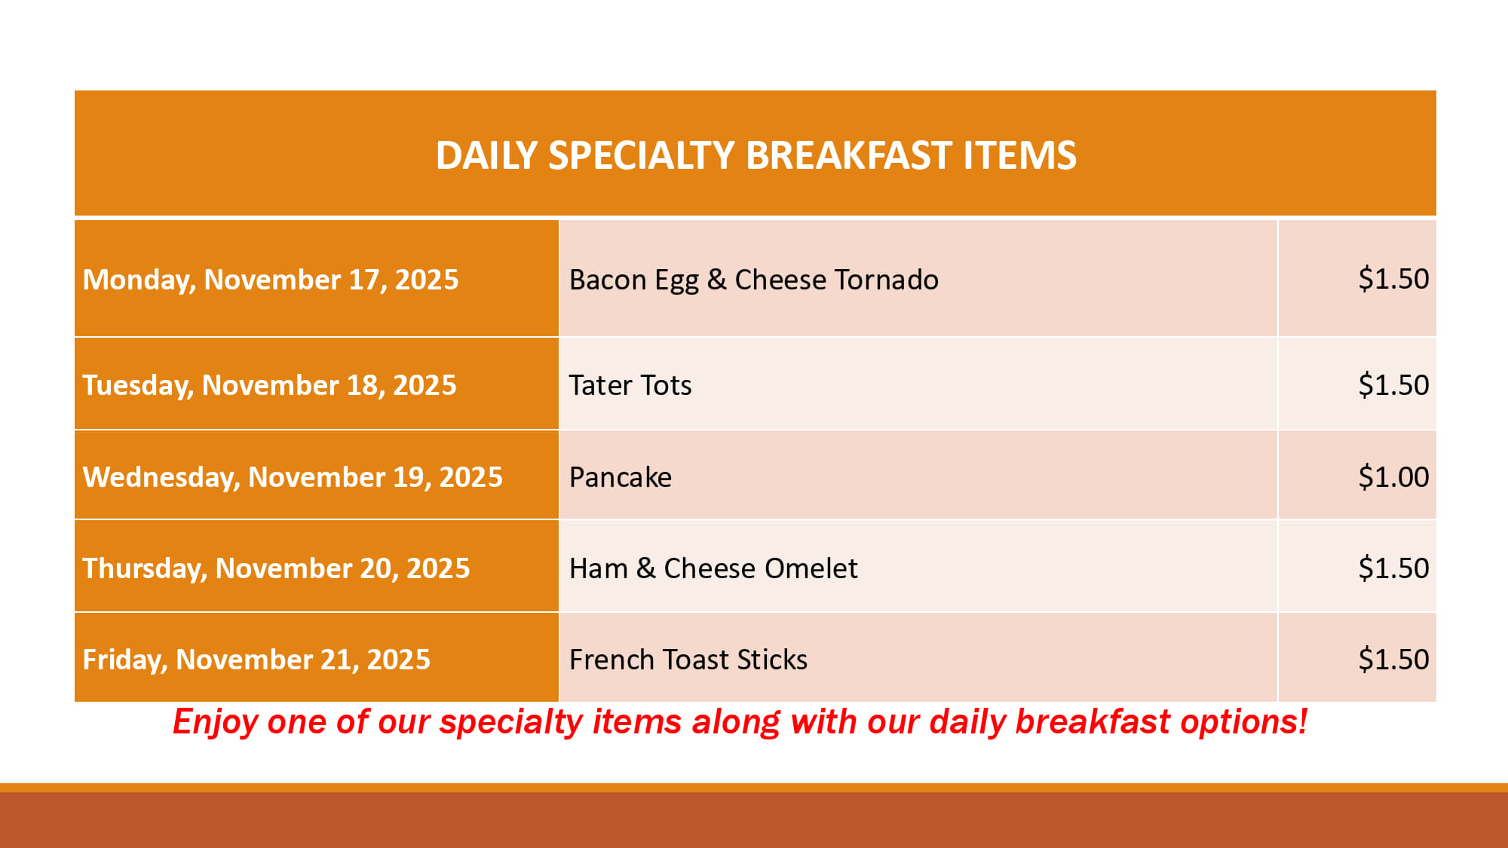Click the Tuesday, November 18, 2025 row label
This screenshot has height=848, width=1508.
(269, 385)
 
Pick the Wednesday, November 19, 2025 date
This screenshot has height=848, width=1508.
(293, 477)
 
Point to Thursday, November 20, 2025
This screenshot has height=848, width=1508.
(276, 568)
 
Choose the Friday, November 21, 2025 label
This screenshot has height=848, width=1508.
(256, 660)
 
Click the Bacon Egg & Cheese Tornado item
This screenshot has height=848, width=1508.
(754, 280)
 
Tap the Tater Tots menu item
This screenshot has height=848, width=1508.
(630, 385)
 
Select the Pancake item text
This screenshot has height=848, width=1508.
(621, 477)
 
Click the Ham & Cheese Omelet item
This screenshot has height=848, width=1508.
(713, 568)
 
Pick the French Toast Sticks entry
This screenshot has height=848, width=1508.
(688, 660)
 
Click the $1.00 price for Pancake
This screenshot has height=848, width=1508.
(1393, 477)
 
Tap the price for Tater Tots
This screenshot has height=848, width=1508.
(1393, 385)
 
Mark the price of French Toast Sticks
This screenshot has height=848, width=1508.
(1393, 660)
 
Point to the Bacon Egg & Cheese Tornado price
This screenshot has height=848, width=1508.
(1393, 279)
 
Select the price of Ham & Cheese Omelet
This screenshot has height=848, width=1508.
(1393, 568)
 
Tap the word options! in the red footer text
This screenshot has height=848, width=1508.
(1244, 722)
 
